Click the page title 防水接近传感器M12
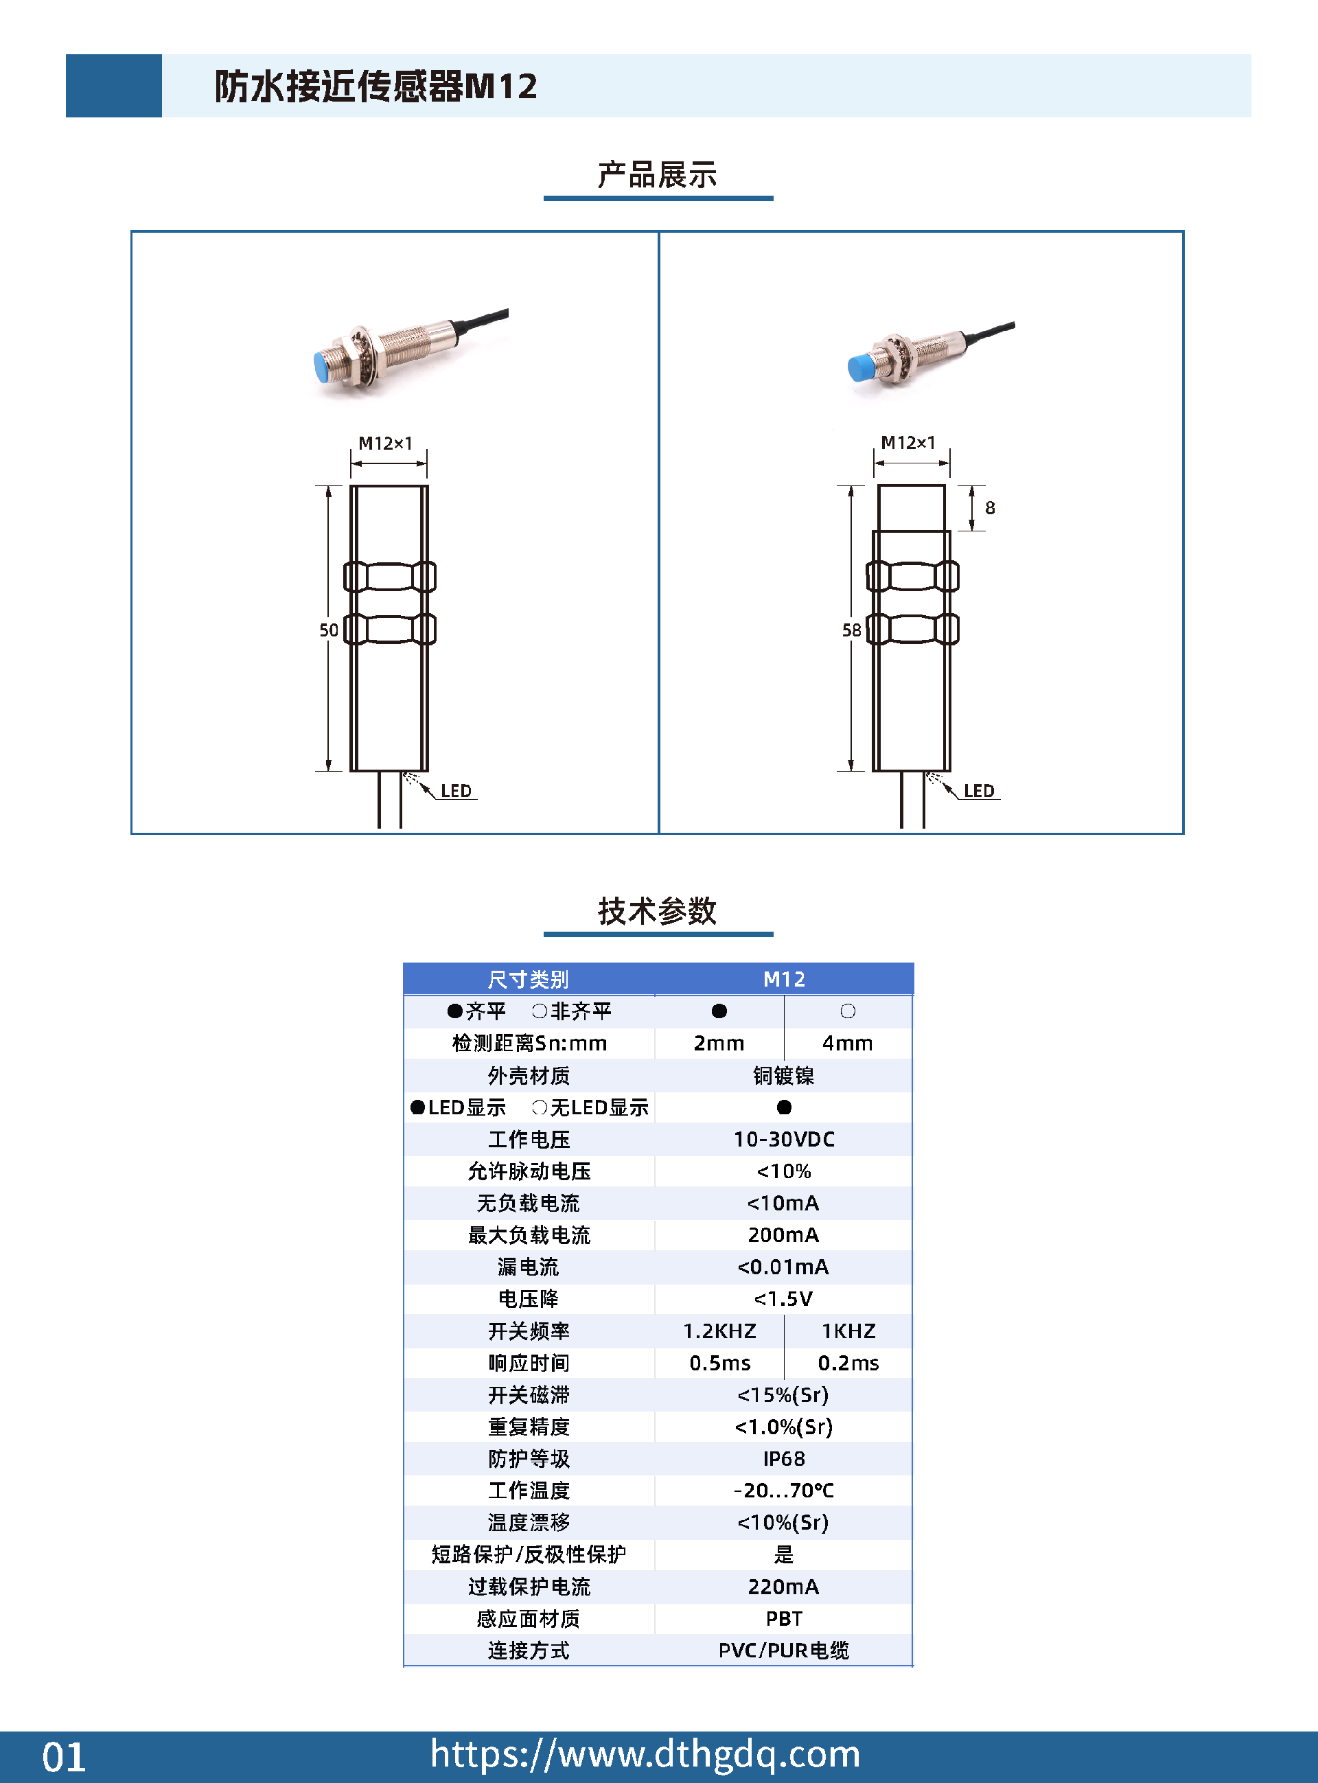click(375, 86)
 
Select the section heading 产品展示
click(658, 174)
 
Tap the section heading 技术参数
click(658, 910)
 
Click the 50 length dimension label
click(329, 630)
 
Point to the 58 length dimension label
click(851, 630)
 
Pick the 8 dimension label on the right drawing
click(990, 507)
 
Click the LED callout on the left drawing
click(456, 791)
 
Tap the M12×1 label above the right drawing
click(908, 443)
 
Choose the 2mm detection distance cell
click(719, 1043)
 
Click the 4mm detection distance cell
click(847, 1043)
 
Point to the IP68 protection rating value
click(783, 1458)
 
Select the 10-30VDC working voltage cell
click(783, 1139)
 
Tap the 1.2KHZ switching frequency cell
click(719, 1331)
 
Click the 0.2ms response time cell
click(848, 1363)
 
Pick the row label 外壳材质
click(529, 1075)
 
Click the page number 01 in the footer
click(64, 1757)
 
